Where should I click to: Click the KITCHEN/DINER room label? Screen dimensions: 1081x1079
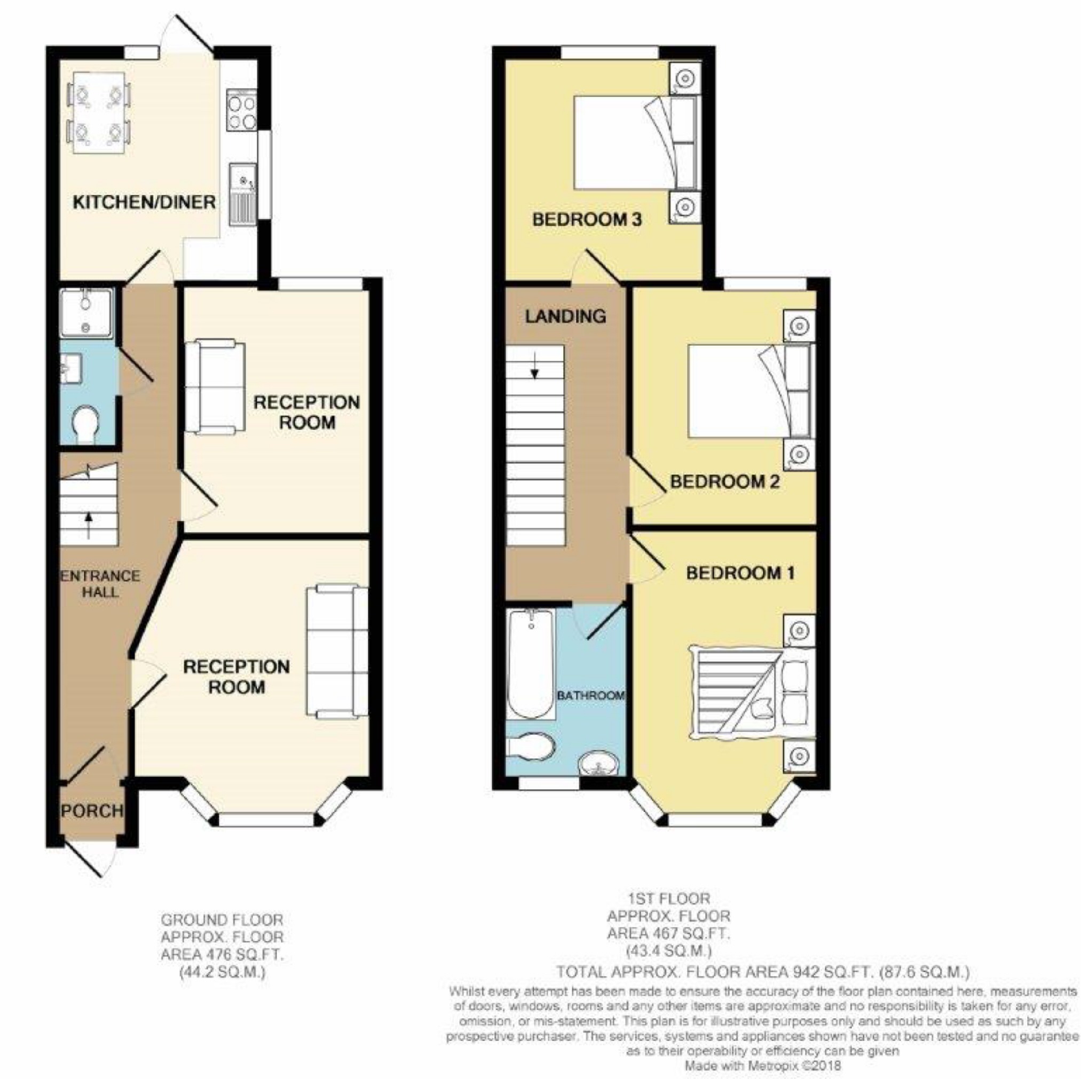click(x=144, y=202)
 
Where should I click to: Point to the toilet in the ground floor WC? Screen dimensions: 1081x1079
click(x=86, y=426)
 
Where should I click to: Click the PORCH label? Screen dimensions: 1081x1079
click(x=92, y=811)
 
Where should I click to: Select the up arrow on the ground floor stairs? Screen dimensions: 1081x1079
click(x=89, y=525)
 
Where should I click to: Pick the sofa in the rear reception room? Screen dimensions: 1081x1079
click(x=215, y=386)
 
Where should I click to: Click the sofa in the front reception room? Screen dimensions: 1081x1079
click(x=337, y=652)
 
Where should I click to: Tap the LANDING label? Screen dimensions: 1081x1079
click(x=565, y=316)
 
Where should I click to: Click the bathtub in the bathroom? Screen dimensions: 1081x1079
click(x=531, y=664)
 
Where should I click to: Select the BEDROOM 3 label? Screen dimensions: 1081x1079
click(x=587, y=219)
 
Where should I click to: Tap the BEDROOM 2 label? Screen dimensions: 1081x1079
click(x=724, y=482)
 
